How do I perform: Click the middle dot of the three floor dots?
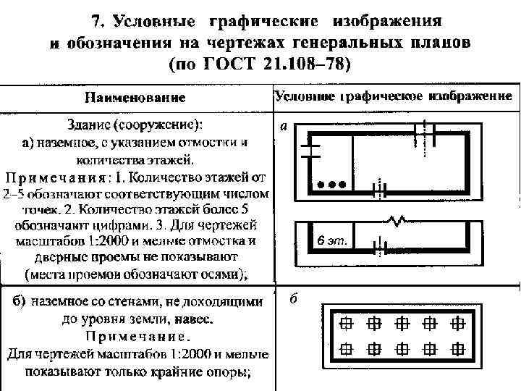pos(332,184)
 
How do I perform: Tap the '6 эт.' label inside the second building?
pos(333,242)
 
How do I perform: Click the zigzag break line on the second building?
pos(394,219)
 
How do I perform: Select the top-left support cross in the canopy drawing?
pos(347,322)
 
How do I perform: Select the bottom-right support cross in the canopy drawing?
pos(459,348)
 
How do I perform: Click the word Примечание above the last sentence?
pos(138,337)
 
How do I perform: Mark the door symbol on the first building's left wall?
pos(310,149)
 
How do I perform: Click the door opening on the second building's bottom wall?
pos(377,245)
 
